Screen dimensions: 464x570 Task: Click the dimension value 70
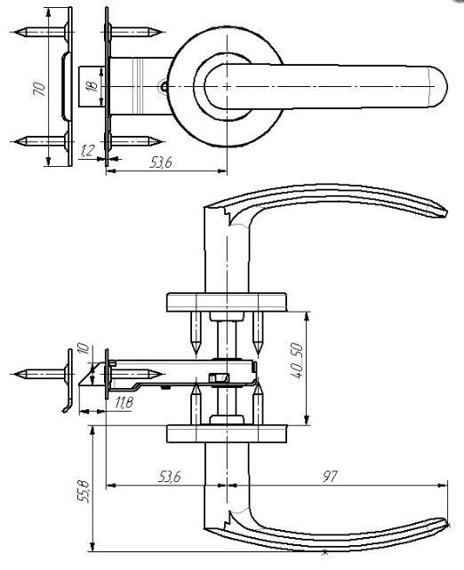pyautogui.click(x=39, y=89)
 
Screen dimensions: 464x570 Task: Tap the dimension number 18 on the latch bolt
pyautogui.click(x=92, y=86)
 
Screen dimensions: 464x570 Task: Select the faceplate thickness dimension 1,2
pyautogui.click(x=86, y=151)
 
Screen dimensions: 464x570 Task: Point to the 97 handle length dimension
pyautogui.click(x=330, y=476)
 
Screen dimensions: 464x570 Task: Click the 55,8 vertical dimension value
pyautogui.click(x=84, y=492)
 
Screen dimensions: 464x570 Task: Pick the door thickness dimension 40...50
pyautogui.click(x=297, y=360)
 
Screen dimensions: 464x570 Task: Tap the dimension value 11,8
pyautogui.click(x=124, y=402)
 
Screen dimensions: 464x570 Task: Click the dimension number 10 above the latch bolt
pyautogui.click(x=84, y=348)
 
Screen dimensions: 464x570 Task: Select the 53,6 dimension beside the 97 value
pyautogui.click(x=169, y=476)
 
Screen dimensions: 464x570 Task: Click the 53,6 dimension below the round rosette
pyautogui.click(x=161, y=162)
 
